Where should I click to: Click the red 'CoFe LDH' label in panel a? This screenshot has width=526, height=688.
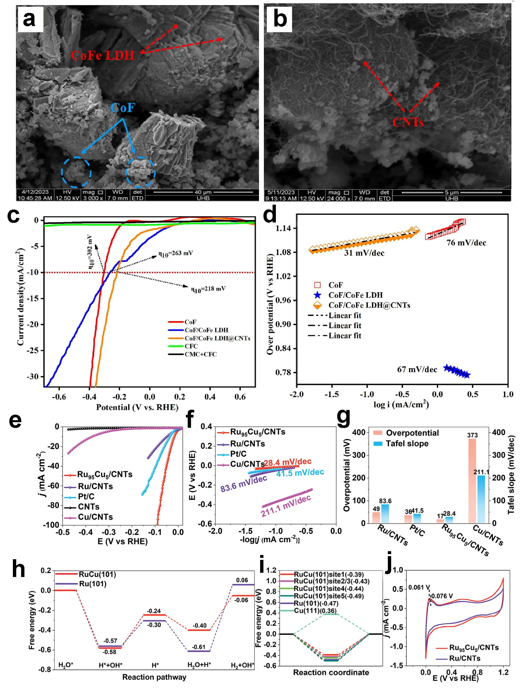(x=102, y=55)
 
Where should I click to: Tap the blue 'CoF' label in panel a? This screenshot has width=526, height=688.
(x=123, y=108)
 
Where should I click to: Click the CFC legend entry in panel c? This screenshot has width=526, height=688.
(x=191, y=346)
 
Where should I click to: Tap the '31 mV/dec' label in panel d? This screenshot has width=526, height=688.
(x=364, y=253)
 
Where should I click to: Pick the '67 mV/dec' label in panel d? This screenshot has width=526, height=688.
(x=417, y=369)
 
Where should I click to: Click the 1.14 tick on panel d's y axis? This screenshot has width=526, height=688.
(x=283, y=228)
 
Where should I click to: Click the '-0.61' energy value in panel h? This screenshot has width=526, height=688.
(x=199, y=647)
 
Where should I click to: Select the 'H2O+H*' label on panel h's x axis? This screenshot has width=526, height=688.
(x=199, y=665)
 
